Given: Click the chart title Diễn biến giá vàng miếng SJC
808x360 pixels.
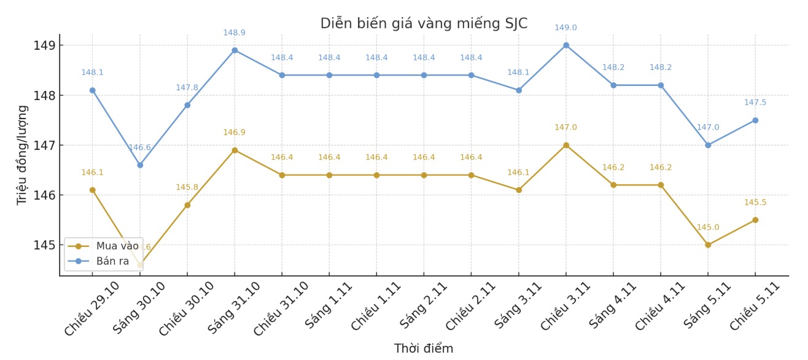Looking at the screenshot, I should pyautogui.click(x=424, y=23).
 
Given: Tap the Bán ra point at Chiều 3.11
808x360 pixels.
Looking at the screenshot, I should pyautogui.click(x=566, y=45).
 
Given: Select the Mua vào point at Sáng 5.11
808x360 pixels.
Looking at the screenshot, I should pyautogui.click(x=708, y=245).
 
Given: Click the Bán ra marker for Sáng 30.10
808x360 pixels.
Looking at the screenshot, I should pyautogui.click(x=140, y=165).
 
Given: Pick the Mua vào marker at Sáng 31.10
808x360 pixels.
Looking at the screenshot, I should pyautogui.click(x=235, y=151).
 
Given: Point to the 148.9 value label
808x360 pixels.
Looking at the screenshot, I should pyautogui.click(x=234, y=33).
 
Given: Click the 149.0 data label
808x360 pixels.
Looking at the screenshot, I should pyautogui.click(x=565, y=28).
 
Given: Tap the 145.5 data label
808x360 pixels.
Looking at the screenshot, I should pyautogui.click(x=755, y=203).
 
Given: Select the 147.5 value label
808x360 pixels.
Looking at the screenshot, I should pyautogui.click(x=755, y=103).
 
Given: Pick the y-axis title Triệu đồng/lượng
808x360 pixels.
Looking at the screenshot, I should pyautogui.click(x=22, y=155).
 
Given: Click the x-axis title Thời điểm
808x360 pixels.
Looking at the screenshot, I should pyautogui.click(x=424, y=349).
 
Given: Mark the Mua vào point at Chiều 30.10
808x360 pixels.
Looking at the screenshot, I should pyautogui.click(x=187, y=205).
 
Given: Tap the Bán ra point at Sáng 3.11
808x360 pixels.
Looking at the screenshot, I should pyautogui.click(x=519, y=90).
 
